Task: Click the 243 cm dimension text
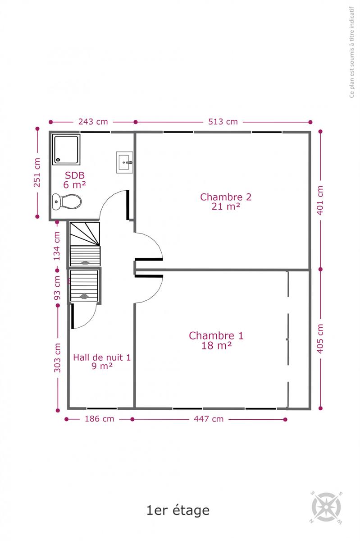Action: point(93,122)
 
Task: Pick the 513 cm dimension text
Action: point(223,122)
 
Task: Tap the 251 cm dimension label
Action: point(37,172)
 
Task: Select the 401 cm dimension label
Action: point(320,200)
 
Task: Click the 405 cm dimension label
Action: point(320,339)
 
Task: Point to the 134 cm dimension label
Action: point(57,246)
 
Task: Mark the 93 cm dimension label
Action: point(57,288)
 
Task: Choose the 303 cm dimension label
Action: point(57,358)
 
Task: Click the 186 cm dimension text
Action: point(99,419)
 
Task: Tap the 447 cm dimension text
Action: point(209,419)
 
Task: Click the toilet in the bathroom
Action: point(67,202)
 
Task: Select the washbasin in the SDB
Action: point(125,162)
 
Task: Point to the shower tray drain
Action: point(58,160)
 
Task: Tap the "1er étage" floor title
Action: point(178,510)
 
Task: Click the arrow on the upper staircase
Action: point(84,262)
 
